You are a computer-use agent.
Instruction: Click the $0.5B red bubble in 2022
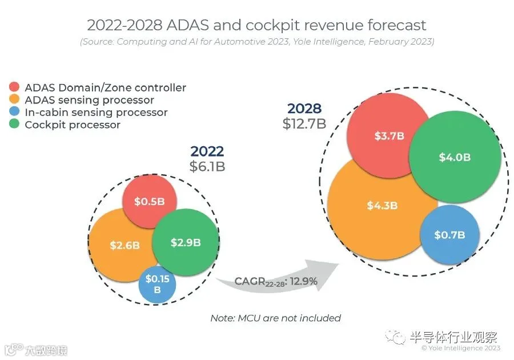(x=150, y=201)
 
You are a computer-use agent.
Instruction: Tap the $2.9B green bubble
(x=186, y=242)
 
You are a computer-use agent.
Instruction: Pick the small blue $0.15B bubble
(x=157, y=285)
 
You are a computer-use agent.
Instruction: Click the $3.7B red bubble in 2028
(x=389, y=135)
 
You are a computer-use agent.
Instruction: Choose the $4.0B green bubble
(x=455, y=157)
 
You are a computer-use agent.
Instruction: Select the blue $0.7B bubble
(x=450, y=235)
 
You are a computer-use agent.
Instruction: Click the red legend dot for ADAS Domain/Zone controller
(x=14, y=86)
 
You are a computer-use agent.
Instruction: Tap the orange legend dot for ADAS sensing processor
(x=14, y=99)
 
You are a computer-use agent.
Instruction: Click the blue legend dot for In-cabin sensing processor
(x=14, y=111)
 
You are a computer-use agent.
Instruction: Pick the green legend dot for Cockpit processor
(x=14, y=124)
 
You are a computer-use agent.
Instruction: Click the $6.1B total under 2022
(x=207, y=166)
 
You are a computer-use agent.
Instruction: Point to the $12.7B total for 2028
(x=304, y=123)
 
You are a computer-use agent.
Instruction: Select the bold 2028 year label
(x=304, y=109)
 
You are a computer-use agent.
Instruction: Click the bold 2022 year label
(x=207, y=151)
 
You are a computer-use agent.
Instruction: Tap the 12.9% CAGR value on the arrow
(x=304, y=281)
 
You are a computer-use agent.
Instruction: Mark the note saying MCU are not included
(x=275, y=318)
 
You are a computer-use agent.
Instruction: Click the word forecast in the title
(x=396, y=25)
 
